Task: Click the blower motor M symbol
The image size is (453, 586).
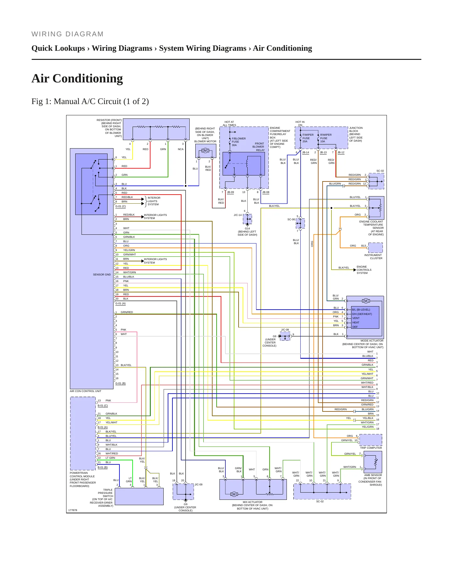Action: click(205, 151)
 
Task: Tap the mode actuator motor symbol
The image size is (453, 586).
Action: click(366, 301)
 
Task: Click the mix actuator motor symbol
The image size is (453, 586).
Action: click(234, 494)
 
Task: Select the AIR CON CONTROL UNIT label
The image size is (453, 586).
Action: click(86, 391)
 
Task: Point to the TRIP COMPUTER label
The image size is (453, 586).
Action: click(371, 448)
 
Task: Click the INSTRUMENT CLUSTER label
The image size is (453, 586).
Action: click(373, 257)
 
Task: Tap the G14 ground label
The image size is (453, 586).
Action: click(247, 228)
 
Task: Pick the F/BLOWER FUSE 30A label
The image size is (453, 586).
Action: click(239, 142)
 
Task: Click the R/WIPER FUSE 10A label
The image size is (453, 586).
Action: click(326, 138)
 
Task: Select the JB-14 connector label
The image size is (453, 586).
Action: click(305, 153)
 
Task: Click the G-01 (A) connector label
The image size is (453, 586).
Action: click(120, 303)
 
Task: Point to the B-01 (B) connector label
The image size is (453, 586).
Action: click(103, 467)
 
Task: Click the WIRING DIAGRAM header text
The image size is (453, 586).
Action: click(67, 34)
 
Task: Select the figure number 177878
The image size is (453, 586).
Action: click(72, 510)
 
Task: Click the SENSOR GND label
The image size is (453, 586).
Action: click(102, 275)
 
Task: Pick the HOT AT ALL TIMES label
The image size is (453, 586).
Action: click(229, 123)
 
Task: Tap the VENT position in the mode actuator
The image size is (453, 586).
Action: click(356, 318)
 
